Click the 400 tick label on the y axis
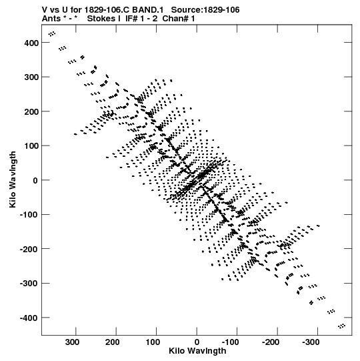pyautogui.click(x=31, y=43)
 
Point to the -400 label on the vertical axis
pyautogui.click(x=29, y=318)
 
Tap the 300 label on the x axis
pyautogui.click(x=72, y=342)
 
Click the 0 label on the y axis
pyautogui.click(x=35, y=180)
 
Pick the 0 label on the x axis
pyautogui.click(x=197, y=342)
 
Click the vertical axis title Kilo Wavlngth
pyautogui.click(x=13, y=179)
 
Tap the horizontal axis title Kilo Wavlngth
pyautogui.click(x=197, y=351)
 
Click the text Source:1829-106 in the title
pyautogui.click(x=205, y=10)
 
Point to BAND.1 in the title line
pyautogui.click(x=148, y=10)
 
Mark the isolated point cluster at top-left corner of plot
pyautogui.click(x=52, y=33)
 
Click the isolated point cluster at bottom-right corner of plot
pyautogui.click(x=341, y=326)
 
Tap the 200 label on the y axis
pyautogui.click(x=31, y=111)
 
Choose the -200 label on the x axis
pyautogui.click(x=271, y=342)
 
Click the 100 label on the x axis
pyautogui.click(x=153, y=342)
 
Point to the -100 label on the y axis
pyautogui.click(x=29, y=215)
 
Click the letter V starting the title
pyautogui.click(x=45, y=10)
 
